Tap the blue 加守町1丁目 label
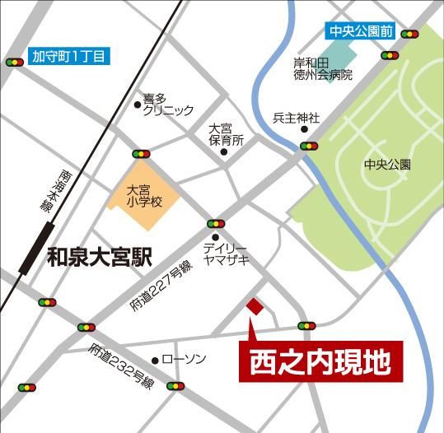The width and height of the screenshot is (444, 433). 68,58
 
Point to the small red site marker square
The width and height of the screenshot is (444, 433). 255,306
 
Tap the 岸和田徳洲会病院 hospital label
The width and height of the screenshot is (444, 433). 323,69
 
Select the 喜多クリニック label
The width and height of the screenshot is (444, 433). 168,104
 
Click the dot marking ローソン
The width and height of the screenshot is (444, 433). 155,361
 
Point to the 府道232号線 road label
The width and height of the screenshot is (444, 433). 122,366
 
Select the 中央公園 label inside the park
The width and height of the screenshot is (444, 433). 386,165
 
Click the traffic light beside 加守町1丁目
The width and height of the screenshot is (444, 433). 14,63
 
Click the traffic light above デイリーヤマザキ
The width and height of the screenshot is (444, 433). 216,223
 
